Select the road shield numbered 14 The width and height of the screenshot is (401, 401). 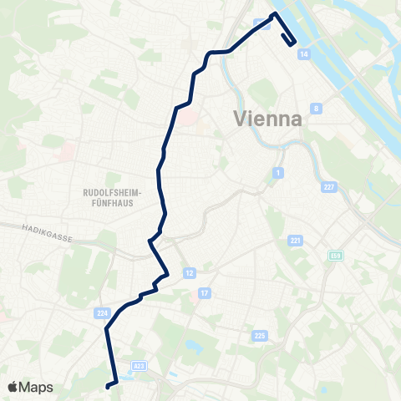tap(303, 53)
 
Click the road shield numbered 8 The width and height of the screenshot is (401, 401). tap(316, 109)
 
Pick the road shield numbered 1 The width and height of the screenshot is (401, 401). tap(277, 173)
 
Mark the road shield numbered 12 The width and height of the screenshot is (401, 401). tap(190, 273)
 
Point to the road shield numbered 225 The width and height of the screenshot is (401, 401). tap(260, 335)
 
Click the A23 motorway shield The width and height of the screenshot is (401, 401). tap(139, 365)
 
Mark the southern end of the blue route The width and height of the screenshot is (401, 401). tap(107, 386)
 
